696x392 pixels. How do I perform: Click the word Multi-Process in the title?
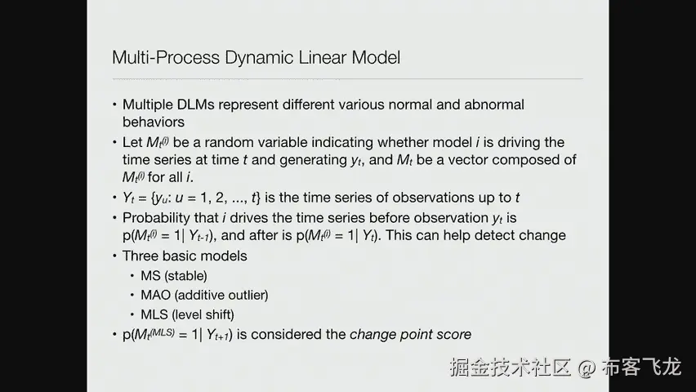click(x=166, y=58)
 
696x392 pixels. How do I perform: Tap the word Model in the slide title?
click(x=376, y=58)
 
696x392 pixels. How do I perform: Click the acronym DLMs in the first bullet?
click(x=196, y=105)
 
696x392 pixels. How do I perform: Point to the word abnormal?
click(x=494, y=105)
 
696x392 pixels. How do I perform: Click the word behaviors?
click(x=154, y=122)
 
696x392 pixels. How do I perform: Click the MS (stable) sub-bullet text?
click(x=173, y=276)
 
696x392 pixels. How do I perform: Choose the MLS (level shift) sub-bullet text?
click(x=187, y=314)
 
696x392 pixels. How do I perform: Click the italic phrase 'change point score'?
click(x=411, y=334)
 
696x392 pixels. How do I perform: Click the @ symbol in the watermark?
click(x=587, y=368)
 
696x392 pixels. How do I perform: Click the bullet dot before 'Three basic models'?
click(x=114, y=256)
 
